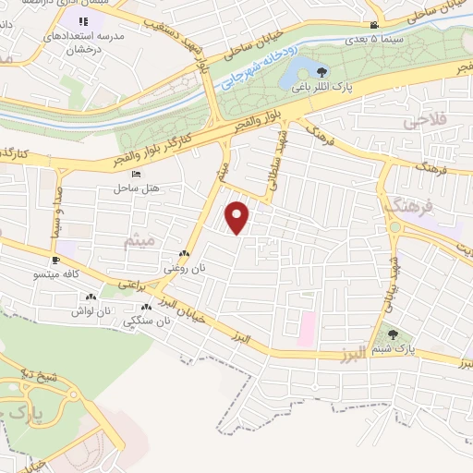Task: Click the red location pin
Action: click(238, 217)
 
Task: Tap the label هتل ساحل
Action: click(137, 188)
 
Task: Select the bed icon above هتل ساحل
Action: click(137, 174)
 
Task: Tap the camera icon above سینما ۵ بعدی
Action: click(373, 26)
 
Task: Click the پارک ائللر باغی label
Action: click(322, 88)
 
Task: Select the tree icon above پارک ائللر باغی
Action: click(321, 72)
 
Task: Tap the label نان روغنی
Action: click(184, 267)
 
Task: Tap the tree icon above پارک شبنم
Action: click(394, 334)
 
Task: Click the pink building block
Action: click(306, 325)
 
